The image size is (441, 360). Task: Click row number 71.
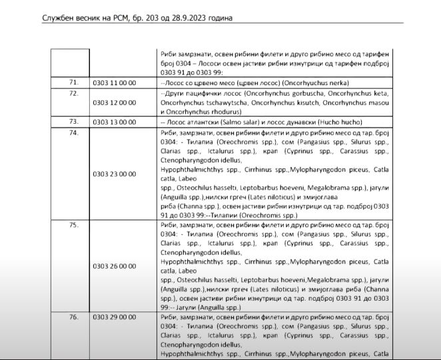[74, 83]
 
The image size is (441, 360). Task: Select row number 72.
[74, 93]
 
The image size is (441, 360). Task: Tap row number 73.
[74, 122]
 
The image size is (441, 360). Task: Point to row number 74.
[74, 133]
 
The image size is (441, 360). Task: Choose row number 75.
[74, 225]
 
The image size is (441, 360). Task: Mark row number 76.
[74, 317]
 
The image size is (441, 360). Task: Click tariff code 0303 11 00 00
[115, 83]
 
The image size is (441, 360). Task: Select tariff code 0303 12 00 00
[115, 103]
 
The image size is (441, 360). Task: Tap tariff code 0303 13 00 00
[115, 122]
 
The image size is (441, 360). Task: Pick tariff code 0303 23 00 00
[115, 174]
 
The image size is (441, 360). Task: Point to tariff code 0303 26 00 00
[115, 266]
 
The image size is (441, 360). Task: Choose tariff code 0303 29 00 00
[115, 317]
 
